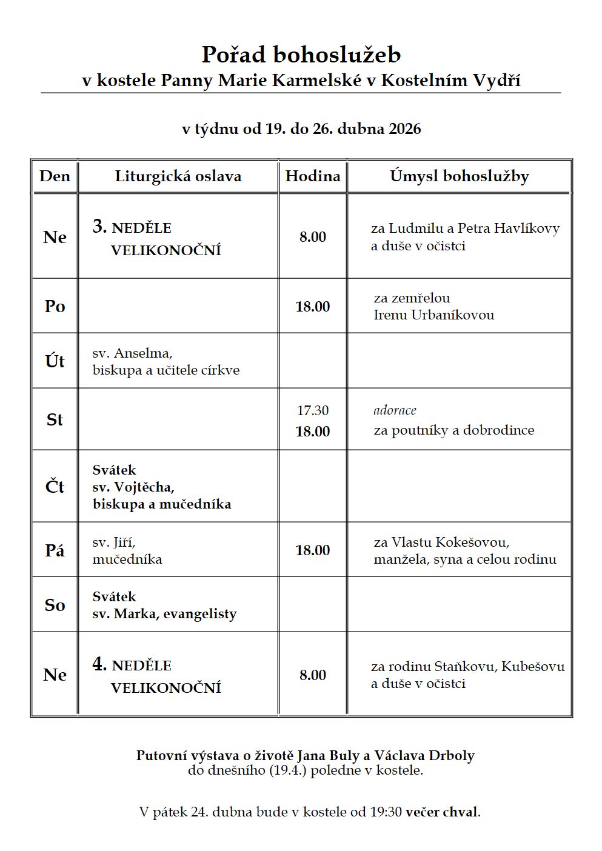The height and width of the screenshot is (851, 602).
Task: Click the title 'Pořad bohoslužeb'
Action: click(301, 55)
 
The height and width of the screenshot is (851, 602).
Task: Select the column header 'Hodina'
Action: click(313, 176)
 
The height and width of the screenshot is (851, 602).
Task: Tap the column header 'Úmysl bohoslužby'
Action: click(460, 176)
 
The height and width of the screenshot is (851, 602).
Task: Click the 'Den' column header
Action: click(55, 176)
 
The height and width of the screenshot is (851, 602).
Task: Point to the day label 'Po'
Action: click(55, 306)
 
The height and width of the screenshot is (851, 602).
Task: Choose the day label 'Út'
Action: click(55, 361)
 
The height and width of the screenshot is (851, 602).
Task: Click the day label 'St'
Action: click(55, 419)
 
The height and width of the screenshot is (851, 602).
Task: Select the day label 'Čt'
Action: click(55, 486)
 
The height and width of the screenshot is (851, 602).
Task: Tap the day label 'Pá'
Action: click(55, 550)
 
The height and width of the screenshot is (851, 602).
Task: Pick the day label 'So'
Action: click(55, 605)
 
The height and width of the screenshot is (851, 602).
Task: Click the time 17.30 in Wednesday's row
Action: click(313, 410)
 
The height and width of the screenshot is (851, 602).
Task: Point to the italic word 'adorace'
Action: click(395, 410)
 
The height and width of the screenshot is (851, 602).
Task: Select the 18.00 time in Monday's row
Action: click(313, 307)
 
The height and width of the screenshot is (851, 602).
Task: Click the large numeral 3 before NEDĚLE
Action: click(99, 226)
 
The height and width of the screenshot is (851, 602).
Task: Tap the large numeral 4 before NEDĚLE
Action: click(99, 664)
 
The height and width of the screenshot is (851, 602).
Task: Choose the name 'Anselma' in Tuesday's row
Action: click(143, 353)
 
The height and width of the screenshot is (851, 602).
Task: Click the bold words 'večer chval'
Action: click(442, 812)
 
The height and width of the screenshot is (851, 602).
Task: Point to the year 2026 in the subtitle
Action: click(404, 129)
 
